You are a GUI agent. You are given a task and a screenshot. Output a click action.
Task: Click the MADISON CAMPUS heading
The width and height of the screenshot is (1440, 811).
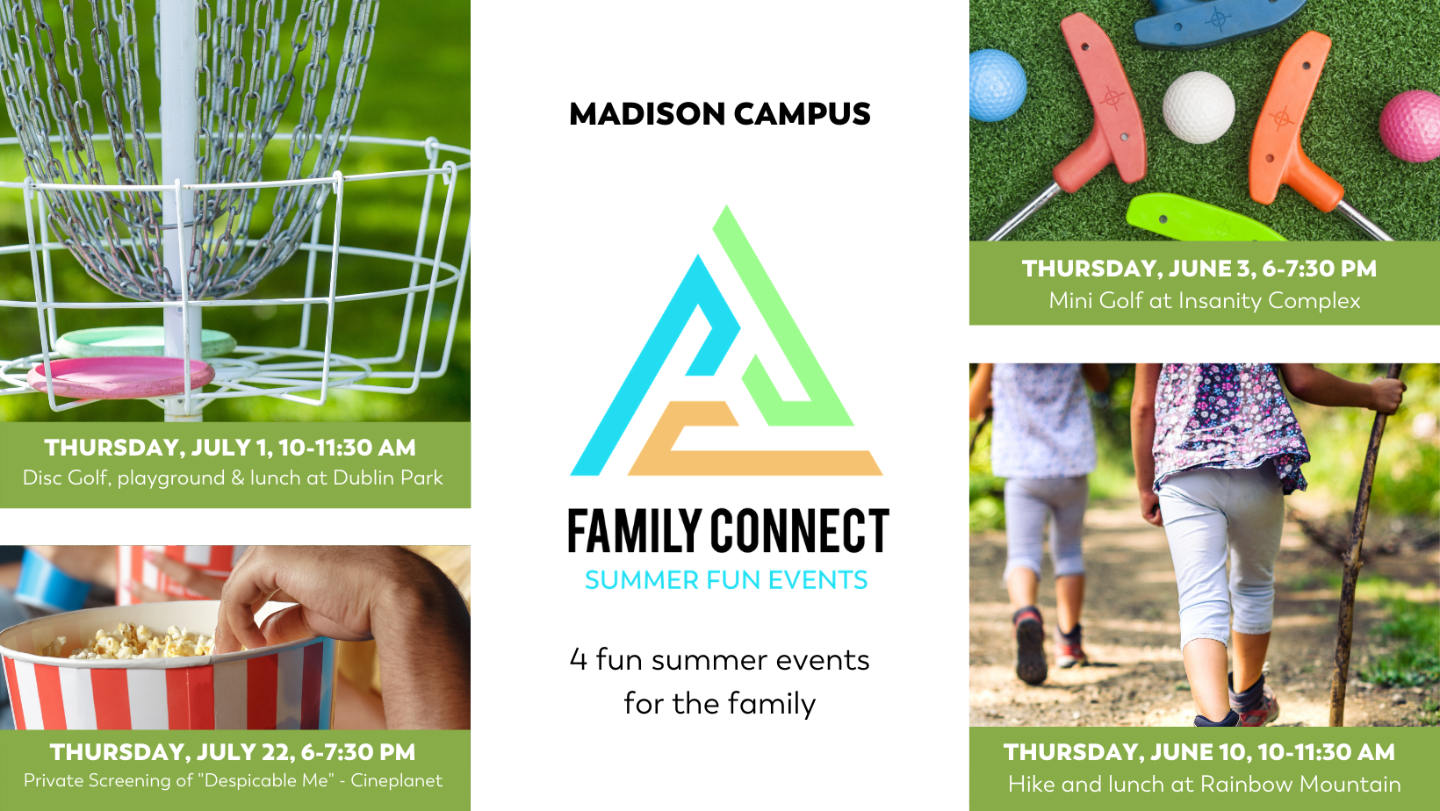click(x=720, y=114)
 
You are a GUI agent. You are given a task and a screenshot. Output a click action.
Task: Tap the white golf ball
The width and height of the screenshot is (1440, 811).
click(x=1199, y=107)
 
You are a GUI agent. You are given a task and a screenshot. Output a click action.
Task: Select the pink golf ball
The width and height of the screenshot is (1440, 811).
click(x=1410, y=126)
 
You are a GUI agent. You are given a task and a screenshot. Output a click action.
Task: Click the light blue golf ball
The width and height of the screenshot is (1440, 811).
click(x=997, y=85)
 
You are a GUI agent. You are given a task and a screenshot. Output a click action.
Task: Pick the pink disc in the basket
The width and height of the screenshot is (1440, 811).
click(x=120, y=378)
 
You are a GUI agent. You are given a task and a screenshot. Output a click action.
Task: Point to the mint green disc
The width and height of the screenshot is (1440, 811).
click(x=146, y=341)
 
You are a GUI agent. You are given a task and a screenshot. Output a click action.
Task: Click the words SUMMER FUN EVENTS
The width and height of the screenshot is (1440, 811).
click(x=726, y=580)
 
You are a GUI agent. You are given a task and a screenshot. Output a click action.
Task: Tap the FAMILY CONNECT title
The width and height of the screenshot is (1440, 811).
click(x=729, y=530)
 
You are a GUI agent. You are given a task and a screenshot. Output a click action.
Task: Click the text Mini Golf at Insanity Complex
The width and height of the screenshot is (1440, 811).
click(x=1205, y=301)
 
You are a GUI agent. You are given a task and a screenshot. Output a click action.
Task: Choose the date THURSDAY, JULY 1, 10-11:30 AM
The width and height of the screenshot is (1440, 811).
click(x=230, y=448)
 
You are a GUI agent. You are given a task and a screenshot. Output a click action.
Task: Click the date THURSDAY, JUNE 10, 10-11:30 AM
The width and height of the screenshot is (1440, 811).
click(x=1199, y=752)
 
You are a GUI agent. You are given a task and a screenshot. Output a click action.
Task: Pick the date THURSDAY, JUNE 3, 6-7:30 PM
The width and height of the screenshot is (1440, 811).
click(x=1199, y=269)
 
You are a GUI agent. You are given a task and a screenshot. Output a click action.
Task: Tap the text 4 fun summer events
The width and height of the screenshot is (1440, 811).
click(x=719, y=661)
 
